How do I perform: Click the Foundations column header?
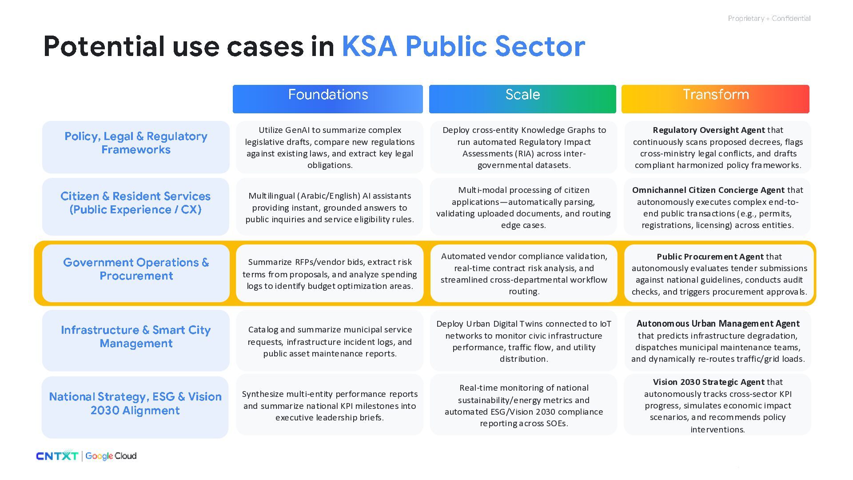[328, 99]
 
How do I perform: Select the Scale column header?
[522, 99]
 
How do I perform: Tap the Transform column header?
[715, 99]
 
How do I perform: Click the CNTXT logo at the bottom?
[57, 456]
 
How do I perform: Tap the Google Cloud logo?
[111, 456]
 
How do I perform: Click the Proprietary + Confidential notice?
[769, 18]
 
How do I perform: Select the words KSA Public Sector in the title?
[463, 46]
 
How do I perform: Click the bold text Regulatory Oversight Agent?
[709, 130]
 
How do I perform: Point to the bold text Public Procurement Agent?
[710, 257]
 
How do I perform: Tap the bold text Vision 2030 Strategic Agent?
[708, 382]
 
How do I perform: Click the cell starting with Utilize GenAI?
[330, 147]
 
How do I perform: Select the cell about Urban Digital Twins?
[524, 341]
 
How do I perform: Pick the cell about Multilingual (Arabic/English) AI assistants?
[330, 207]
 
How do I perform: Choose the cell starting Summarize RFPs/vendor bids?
[330, 273]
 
